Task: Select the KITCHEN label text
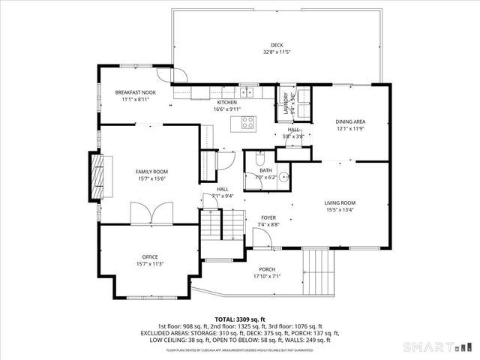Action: tap(226, 102)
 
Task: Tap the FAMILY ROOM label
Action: tap(150, 172)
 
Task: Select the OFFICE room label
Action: tap(150, 256)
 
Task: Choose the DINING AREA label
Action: tap(350, 121)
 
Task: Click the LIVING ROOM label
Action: tap(339, 202)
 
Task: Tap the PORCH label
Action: tap(267, 269)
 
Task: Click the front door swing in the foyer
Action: tap(262, 238)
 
